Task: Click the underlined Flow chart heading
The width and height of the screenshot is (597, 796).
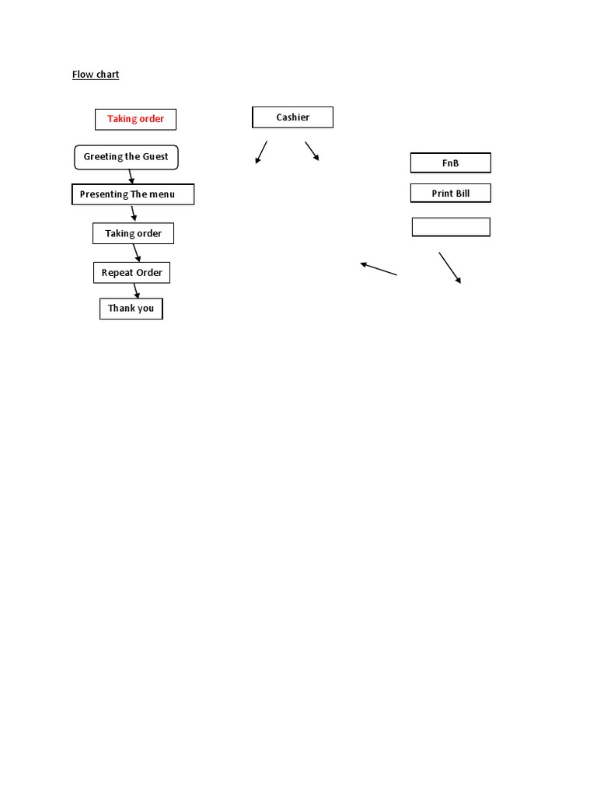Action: (x=96, y=75)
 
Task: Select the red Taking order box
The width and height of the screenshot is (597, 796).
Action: (x=136, y=120)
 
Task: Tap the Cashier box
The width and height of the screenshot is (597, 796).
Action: (x=292, y=117)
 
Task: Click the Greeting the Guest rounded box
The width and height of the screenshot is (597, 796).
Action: (x=126, y=157)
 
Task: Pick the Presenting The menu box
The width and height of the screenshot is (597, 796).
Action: (x=132, y=194)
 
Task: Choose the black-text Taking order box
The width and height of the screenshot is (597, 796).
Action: (x=134, y=233)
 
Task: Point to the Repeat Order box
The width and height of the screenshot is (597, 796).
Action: (x=132, y=273)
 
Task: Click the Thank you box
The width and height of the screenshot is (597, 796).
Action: (x=131, y=309)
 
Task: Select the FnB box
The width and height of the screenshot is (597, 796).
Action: (x=451, y=163)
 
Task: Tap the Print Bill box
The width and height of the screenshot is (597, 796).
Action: (x=451, y=193)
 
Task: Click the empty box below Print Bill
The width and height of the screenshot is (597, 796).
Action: (x=451, y=227)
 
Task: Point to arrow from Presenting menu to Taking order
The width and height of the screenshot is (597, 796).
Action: (x=134, y=213)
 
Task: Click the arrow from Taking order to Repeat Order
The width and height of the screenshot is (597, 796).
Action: (x=137, y=253)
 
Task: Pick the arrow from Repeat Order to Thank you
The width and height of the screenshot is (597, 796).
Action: (x=136, y=291)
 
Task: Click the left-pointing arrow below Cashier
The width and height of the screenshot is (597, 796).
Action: (x=261, y=152)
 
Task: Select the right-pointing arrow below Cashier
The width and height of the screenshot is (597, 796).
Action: (x=312, y=151)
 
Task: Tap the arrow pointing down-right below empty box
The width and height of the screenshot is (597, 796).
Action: (x=450, y=267)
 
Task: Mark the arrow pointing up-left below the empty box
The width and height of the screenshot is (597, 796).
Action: (x=379, y=269)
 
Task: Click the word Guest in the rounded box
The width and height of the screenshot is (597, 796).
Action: (x=155, y=157)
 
